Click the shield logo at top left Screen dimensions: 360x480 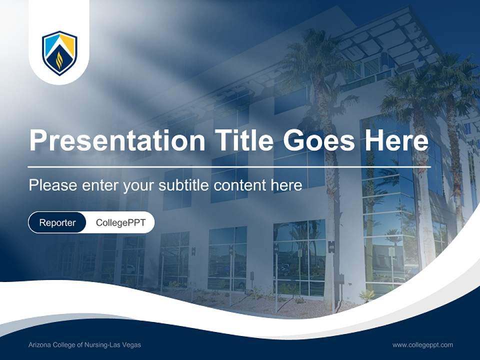click(x=59, y=52)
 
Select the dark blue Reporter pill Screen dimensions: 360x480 click(x=57, y=222)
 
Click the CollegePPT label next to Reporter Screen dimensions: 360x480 click(x=120, y=222)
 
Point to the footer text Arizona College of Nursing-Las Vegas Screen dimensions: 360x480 click(x=84, y=345)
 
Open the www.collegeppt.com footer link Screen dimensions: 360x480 click(x=422, y=345)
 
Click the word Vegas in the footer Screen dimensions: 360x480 click(x=132, y=345)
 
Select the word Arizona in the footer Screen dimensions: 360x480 click(x=38, y=345)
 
